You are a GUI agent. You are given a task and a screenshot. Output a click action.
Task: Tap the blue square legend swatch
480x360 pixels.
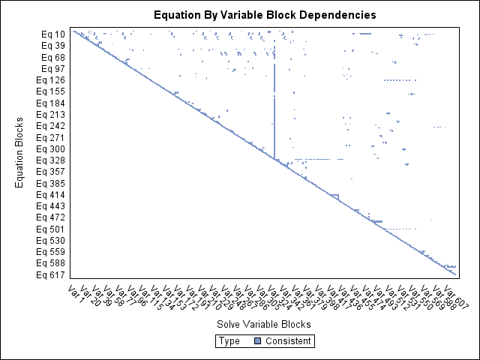pyautogui.click(x=257, y=341)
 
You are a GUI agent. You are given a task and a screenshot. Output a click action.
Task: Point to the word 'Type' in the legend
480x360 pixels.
pyautogui.click(x=229, y=341)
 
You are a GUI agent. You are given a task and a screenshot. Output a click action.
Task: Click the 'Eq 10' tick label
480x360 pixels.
pyautogui.click(x=53, y=34)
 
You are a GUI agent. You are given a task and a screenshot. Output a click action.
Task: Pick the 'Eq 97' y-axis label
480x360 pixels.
pyautogui.click(x=53, y=68)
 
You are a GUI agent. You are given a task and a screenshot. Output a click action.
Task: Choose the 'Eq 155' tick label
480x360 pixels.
pyautogui.click(x=52, y=91)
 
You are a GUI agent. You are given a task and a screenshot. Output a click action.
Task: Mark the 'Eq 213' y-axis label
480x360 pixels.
pyautogui.click(x=52, y=115)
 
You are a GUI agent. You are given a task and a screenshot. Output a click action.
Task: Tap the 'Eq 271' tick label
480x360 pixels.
pyautogui.click(x=52, y=138)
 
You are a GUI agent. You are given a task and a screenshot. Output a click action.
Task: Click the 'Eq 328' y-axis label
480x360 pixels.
pyautogui.click(x=52, y=160)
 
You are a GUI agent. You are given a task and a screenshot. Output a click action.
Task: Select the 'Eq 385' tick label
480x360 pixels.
pyautogui.click(x=52, y=184)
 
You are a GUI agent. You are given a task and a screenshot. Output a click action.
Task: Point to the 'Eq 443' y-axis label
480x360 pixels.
pyautogui.click(x=52, y=206)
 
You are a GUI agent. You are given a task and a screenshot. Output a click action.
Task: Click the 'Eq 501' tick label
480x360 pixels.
pyautogui.click(x=52, y=229)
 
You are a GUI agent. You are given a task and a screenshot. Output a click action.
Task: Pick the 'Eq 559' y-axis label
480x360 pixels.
pyautogui.click(x=52, y=252)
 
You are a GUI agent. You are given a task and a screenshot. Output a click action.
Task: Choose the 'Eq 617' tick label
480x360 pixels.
pyautogui.click(x=52, y=275)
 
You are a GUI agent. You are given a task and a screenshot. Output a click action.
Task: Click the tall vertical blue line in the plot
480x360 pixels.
pyautogui.click(x=275, y=105)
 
